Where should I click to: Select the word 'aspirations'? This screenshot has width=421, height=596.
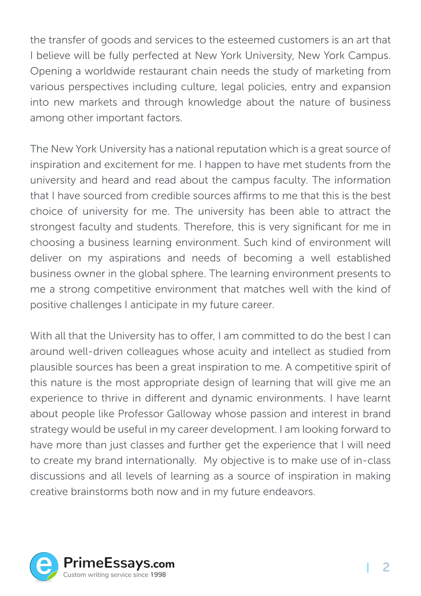pyautogui.click(x=135, y=258)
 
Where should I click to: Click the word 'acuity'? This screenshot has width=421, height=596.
pyautogui.click(x=231, y=352)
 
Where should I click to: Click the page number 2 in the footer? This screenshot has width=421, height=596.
pyautogui.click(x=386, y=567)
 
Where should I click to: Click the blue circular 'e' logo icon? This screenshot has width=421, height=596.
pyautogui.click(x=44, y=567)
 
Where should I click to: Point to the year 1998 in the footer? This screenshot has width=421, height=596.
pyautogui.click(x=158, y=575)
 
